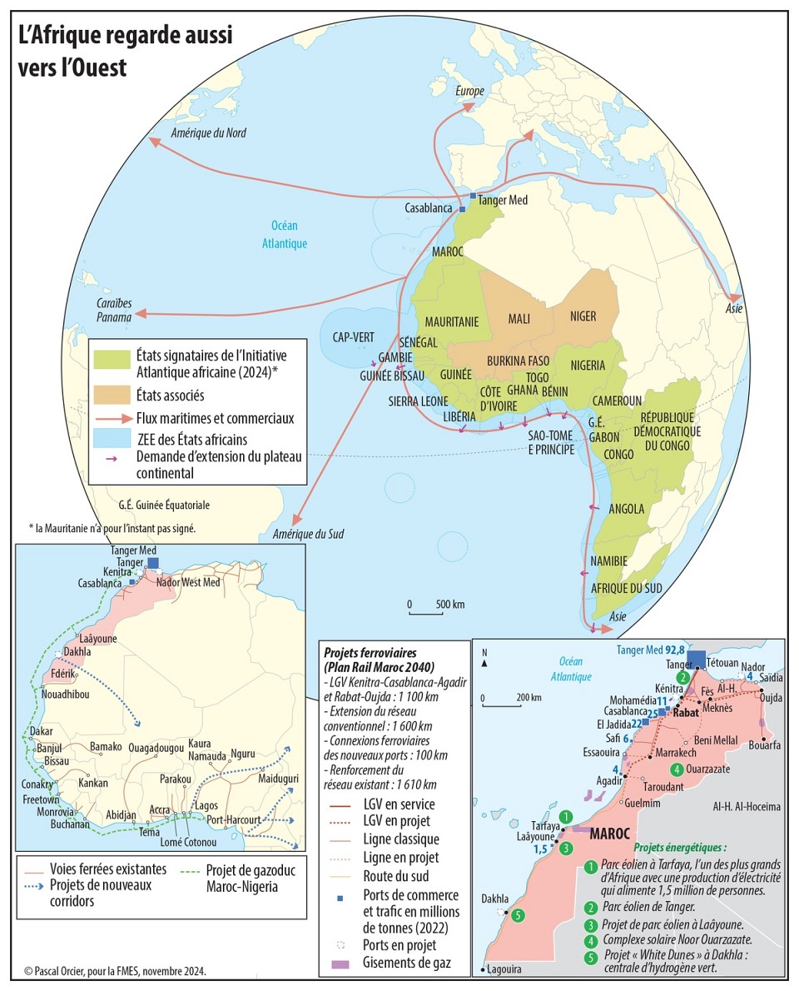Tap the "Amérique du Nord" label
pyautogui.click(x=208, y=133)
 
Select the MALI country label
pyautogui.click(x=519, y=317)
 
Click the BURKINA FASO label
pyautogui.click(x=518, y=361)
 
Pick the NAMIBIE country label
pyautogui.click(x=608, y=561)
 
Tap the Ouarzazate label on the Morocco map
pyautogui.click(x=708, y=769)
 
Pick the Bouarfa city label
pyautogui.click(x=764, y=745)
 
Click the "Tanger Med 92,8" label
pyautogui.click(x=652, y=650)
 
